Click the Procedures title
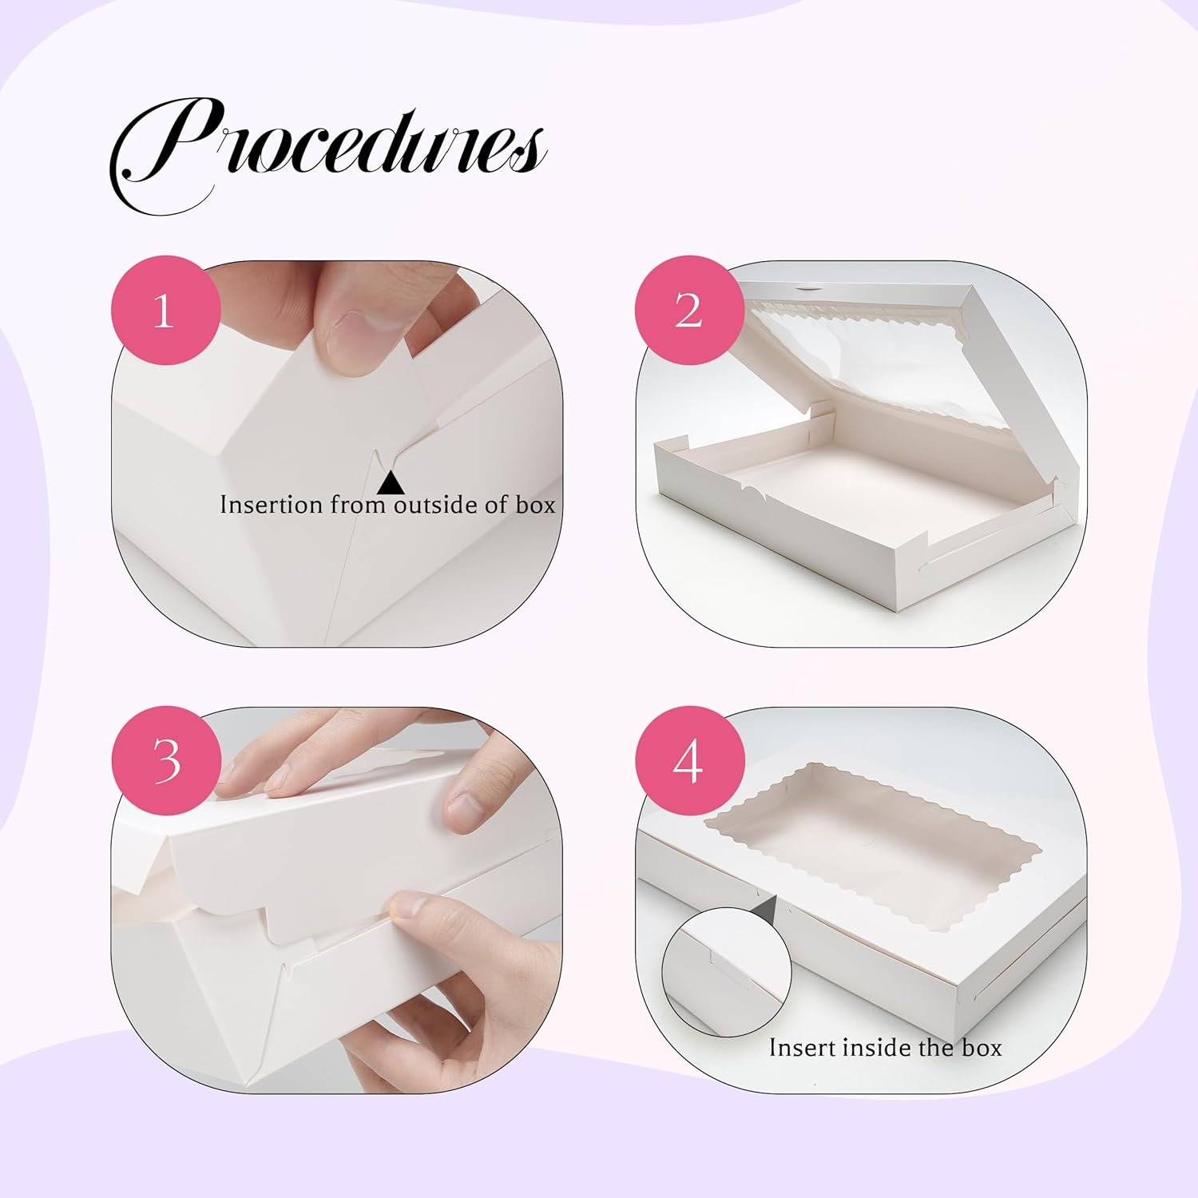[x=327, y=152]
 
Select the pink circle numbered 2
[x=688, y=310]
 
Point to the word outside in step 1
[x=436, y=505]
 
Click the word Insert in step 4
[x=802, y=1047]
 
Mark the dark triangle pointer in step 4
[x=768, y=902]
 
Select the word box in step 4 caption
[x=982, y=1047]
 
